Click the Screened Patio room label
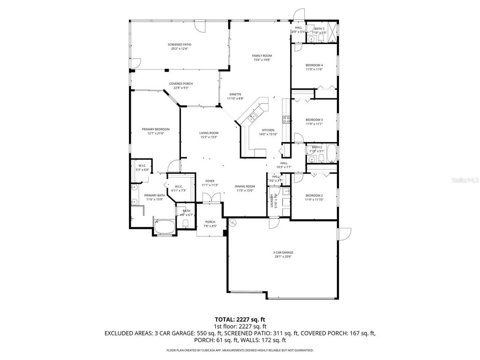pyautogui.click(x=180, y=45)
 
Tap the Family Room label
pyautogui.click(x=262, y=56)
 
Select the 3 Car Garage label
pyautogui.click(x=283, y=252)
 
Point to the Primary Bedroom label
pyautogui.click(x=156, y=129)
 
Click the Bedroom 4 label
pyautogui.click(x=314, y=65)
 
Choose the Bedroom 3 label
pyautogui.click(x=314, y=120)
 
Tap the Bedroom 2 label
pyautogui.click(x=314, y=195)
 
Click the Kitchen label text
pyautogui.click(x=268, y=130)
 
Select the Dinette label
pyautogui.click(x=235, y=94)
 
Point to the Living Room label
pyautogui.click(x=209, y=133)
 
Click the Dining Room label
pyautogui.click(x=244, y=186)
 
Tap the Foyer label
pyautogui.click(x=210, y=181)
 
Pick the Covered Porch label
pyautogui.click(x=181, y=84)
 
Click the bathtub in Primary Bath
pyautogui.click(x=165, y=228)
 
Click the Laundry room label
pyautogui.click(x=272, y=201)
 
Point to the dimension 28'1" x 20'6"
pyautogui.click(x=283, y=256)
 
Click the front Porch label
pyautogui.click(x=210, y=222)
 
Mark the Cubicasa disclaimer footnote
pyautogui.click(x=240, y=350)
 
